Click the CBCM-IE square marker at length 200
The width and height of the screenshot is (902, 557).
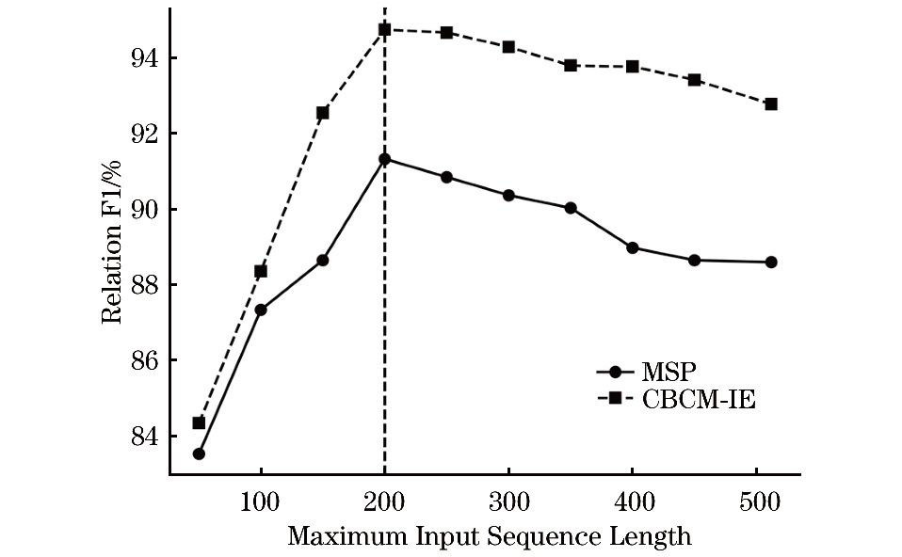click(x=384, y=29)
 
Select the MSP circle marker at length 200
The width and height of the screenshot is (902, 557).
click(x=384, y=159)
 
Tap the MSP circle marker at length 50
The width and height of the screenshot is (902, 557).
click(x=199, y=454)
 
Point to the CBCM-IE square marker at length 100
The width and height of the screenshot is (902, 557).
click(x=261, y=271)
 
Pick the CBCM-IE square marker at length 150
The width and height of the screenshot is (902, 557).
click(x=322, y=113)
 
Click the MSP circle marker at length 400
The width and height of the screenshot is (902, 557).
click(x=632, y=247)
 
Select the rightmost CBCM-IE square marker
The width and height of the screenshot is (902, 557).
click(x=770, y=103)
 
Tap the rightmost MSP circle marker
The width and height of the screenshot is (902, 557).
click(x=770, y=262)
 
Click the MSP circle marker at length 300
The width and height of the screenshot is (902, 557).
click(x=508, y=195)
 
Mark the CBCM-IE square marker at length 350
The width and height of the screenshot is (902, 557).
click(x=571, y=65)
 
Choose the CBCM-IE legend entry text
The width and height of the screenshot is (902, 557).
click(x=700, y=399)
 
